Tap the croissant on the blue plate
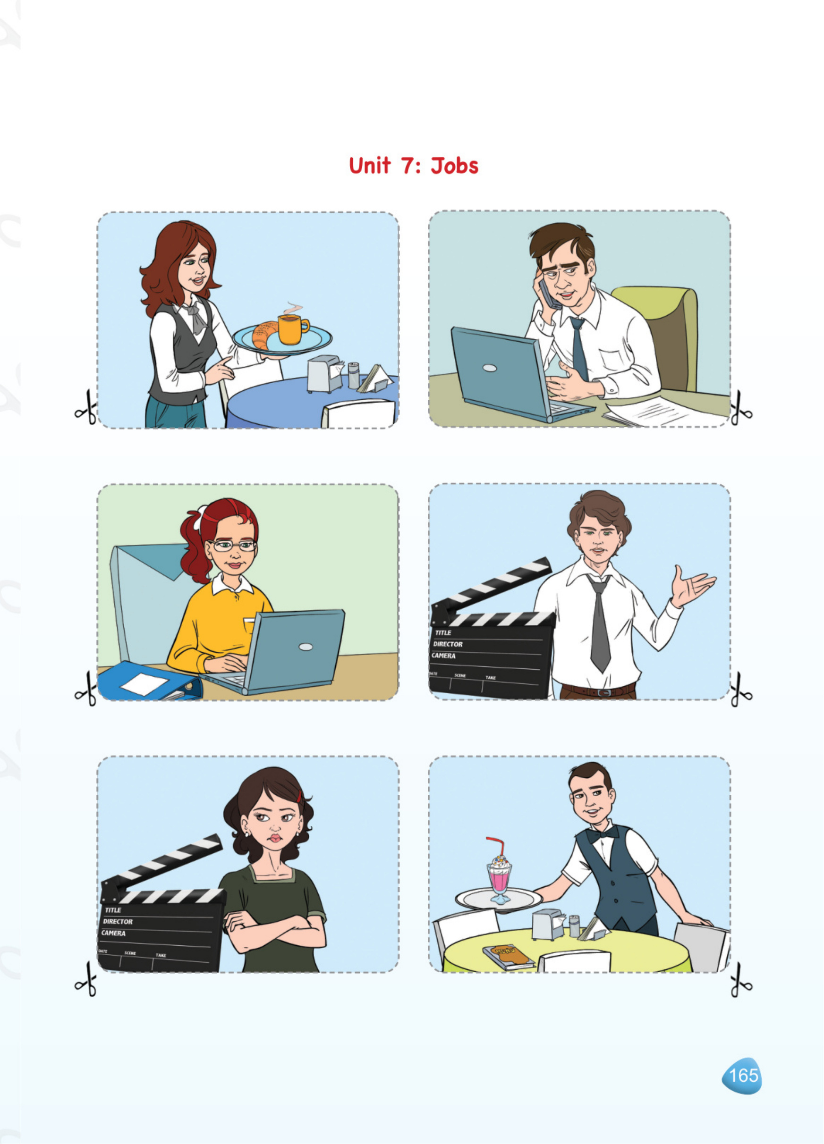[x=264, y=335]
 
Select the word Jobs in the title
[x=454, y=166]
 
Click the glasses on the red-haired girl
[x=233, y=545]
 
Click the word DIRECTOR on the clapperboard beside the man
[x=448, y=644]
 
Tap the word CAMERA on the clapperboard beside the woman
[x=113, y=933]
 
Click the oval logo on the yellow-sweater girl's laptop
[x=305, y=647]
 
